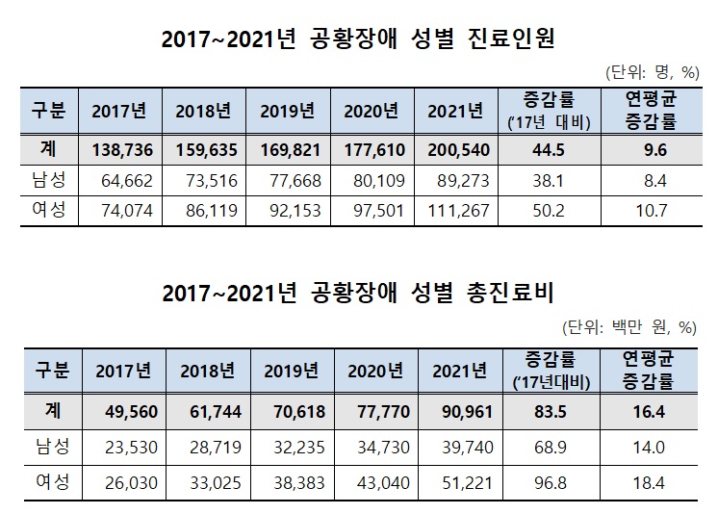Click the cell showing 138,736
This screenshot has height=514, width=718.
click(x=120, y=150)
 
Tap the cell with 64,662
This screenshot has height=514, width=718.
click(x=120, y=179)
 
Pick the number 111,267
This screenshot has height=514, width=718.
click(x=456, y=211)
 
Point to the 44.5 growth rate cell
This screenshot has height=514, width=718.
click(x=548, y=150)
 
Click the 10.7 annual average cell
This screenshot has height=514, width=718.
click(x=645, y=211)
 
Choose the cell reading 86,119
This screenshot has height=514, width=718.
click(x=206, y=211)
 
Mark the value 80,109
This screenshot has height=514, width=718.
click(x=372, y=179)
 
